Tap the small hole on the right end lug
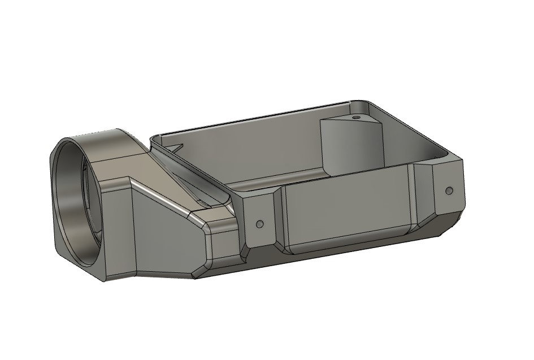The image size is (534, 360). point(449,190)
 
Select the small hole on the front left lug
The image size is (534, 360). point(260,224)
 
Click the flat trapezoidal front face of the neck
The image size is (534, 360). point(164,237)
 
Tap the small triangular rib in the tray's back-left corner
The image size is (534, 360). point(175,148)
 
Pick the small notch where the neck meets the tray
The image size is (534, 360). point(203,202)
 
